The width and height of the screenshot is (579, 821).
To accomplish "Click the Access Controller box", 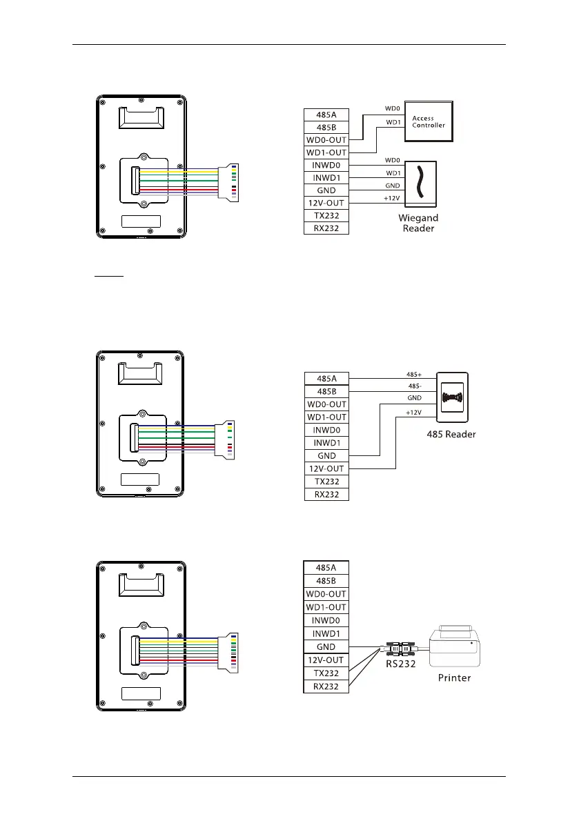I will [x=428, y=122].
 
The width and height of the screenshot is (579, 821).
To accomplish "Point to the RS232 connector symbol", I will [x=400, y=649].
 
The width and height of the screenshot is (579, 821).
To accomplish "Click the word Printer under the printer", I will [x=455, y=677].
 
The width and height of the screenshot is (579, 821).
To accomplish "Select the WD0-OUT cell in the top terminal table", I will [x=326, y=140].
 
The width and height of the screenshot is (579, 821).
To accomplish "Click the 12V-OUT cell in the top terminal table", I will [x=326, y=203].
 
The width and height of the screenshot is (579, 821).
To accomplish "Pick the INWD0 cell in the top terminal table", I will [x=326, y=166].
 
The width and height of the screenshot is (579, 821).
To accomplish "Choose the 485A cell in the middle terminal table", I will [x=326, y=379].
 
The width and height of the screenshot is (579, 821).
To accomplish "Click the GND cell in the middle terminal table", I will [x=326, y=456].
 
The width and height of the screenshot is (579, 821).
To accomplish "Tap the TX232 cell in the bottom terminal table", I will [x=326, y=673].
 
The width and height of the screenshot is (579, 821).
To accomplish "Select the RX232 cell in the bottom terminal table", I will [x=326, y=686].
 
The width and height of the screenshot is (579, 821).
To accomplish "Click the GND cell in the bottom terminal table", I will [x=326, y=646].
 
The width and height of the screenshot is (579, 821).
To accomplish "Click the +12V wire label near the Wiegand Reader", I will [x=392, y=199].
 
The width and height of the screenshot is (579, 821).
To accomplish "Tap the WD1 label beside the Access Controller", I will [x=393, y=123].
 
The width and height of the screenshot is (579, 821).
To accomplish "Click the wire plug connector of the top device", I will [x=228, y=184].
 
